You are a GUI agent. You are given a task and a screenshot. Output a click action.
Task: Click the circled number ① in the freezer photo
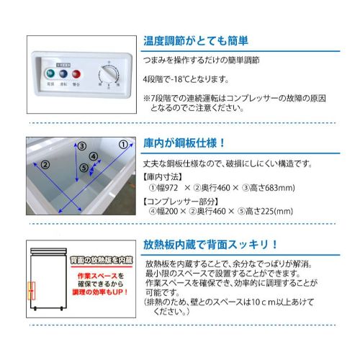(123, 144)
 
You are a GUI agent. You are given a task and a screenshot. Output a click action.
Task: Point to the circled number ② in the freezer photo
(45, 165)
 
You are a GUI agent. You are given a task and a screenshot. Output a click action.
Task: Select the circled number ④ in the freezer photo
(94, 156)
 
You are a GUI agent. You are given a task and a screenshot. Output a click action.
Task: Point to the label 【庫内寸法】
(162, 177)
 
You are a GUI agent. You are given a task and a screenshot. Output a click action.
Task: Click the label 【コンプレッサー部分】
(181, 200)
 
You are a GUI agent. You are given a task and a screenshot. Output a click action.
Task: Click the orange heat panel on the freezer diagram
(31, 289)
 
